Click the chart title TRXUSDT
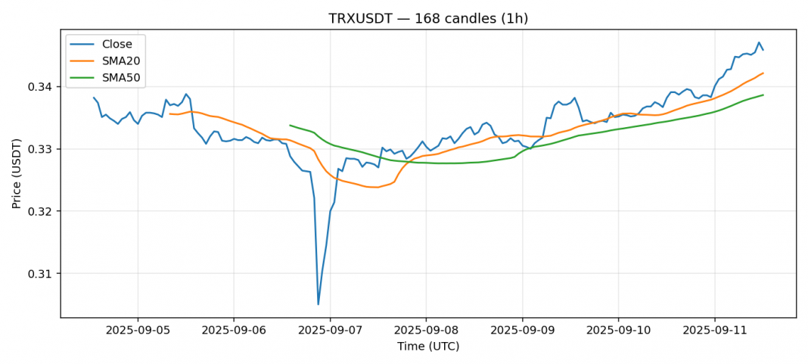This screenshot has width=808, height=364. point(428,18)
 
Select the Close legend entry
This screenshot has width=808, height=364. point(117,44)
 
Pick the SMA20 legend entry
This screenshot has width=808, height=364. point(120,61)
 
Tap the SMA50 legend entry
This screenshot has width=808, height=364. point(120,77)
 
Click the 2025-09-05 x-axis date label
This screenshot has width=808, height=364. point(137,330)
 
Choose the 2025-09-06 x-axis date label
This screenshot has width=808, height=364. point(233,330)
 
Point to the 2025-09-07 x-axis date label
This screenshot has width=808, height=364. point(330,330)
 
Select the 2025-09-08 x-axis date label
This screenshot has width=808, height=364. point(426,330)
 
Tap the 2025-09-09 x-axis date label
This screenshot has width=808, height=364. point(522,330)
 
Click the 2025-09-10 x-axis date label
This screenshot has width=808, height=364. point(618,330)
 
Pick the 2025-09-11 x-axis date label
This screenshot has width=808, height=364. point(714,330)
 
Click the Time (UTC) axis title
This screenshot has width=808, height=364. point(428,347)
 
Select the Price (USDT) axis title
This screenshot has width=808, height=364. point(16,173)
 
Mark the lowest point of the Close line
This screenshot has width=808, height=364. point(318,304)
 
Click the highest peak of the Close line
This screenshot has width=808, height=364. point(759,42)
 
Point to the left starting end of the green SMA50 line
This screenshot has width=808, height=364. point(290,125)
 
